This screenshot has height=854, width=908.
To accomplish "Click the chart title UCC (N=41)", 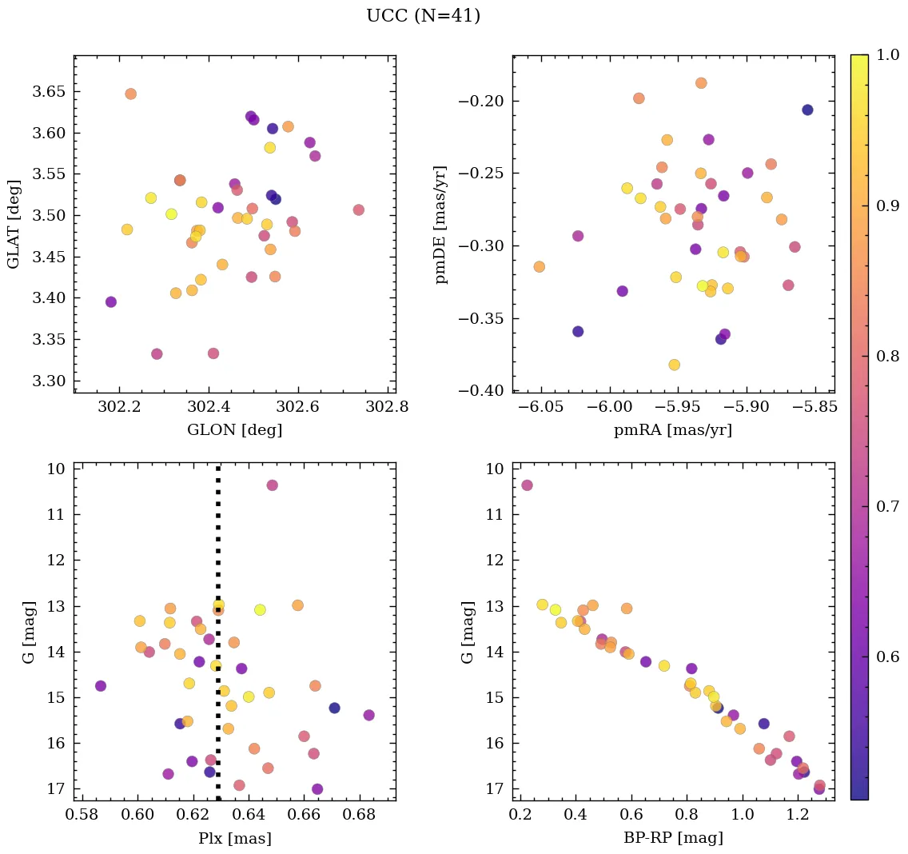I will click(423, 16).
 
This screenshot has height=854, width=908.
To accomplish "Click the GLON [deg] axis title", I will click(234, 430).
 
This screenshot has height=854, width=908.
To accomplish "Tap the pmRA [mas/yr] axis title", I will click(673, 430).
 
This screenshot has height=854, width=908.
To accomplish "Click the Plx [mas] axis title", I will click(234, 838).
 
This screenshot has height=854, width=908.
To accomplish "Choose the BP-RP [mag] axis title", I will click(673, 838).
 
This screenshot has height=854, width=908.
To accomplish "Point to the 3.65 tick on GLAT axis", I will click(49, 92).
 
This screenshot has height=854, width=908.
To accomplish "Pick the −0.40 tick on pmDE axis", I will click(480, 390).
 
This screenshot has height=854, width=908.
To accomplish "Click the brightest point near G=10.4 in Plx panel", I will click(272, 485).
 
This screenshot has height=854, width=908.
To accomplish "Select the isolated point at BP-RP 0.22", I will click(527, 485).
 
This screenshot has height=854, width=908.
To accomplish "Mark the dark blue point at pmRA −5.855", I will click(807, 110).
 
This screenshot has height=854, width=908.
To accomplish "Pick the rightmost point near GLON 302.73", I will click(358, 210).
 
